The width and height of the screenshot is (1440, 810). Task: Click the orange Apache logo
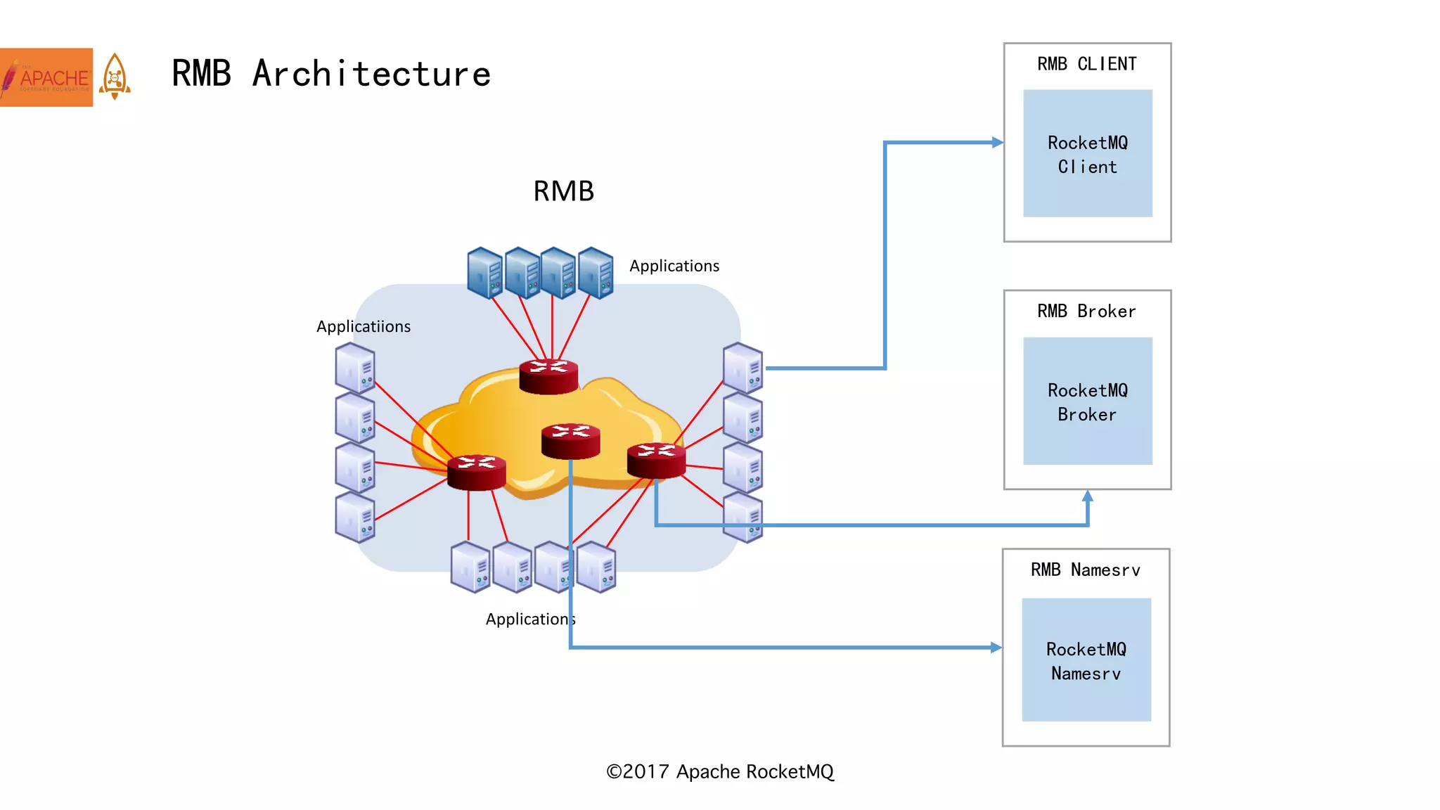pos(46,77)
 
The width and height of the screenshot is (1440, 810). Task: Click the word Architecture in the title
pos(371,74)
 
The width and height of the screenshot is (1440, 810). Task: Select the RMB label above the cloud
pos(563,191)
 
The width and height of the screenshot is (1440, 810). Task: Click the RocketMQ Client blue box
pos(1087,153)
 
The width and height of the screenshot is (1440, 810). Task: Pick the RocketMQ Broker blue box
pos(1087,401)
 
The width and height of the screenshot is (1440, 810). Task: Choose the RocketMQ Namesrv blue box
pos(1086,660)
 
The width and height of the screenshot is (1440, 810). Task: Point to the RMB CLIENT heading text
pos(1086,64)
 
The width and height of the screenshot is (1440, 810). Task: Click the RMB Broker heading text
pos(1086,311)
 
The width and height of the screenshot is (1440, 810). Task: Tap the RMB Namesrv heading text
pos(1085,570)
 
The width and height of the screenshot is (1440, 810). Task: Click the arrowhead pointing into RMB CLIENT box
pos(997,143)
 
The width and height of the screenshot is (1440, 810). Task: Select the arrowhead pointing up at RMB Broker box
pos(1088,496)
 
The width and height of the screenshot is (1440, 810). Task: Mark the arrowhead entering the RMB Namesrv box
pos(996,648)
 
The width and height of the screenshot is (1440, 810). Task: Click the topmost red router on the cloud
pos(548,376)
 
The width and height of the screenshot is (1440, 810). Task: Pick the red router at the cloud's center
pos(570,441)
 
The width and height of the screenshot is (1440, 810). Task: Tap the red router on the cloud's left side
pos(476,472)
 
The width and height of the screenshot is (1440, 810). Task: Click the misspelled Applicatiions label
pos(363,327)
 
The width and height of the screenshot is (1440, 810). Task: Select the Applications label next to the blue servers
pos(674,266)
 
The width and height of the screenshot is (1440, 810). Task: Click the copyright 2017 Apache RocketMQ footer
pos(719,772)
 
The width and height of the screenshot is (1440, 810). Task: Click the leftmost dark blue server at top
pos(484,273)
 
